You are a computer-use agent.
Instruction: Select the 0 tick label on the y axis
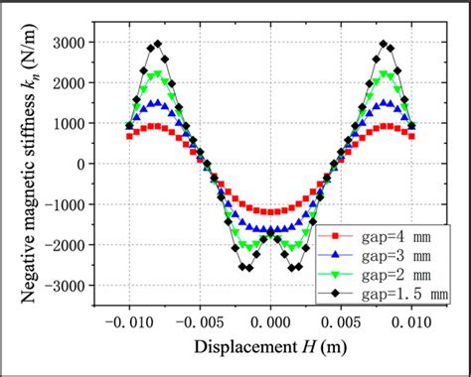(84, 166)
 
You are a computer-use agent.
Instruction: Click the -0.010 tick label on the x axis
(128, 322)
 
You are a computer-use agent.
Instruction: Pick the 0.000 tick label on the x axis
(270, 322)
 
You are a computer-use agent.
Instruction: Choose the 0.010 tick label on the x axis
(412, 322)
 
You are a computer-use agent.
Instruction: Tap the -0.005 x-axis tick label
(199, 322)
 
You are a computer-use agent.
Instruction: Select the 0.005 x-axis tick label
(342, 322)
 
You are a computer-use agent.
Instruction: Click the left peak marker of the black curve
(157, 44)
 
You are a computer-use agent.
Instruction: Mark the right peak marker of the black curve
(385, 44)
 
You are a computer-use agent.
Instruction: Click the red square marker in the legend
(335, 236)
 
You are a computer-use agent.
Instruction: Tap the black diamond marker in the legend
(335, 294)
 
